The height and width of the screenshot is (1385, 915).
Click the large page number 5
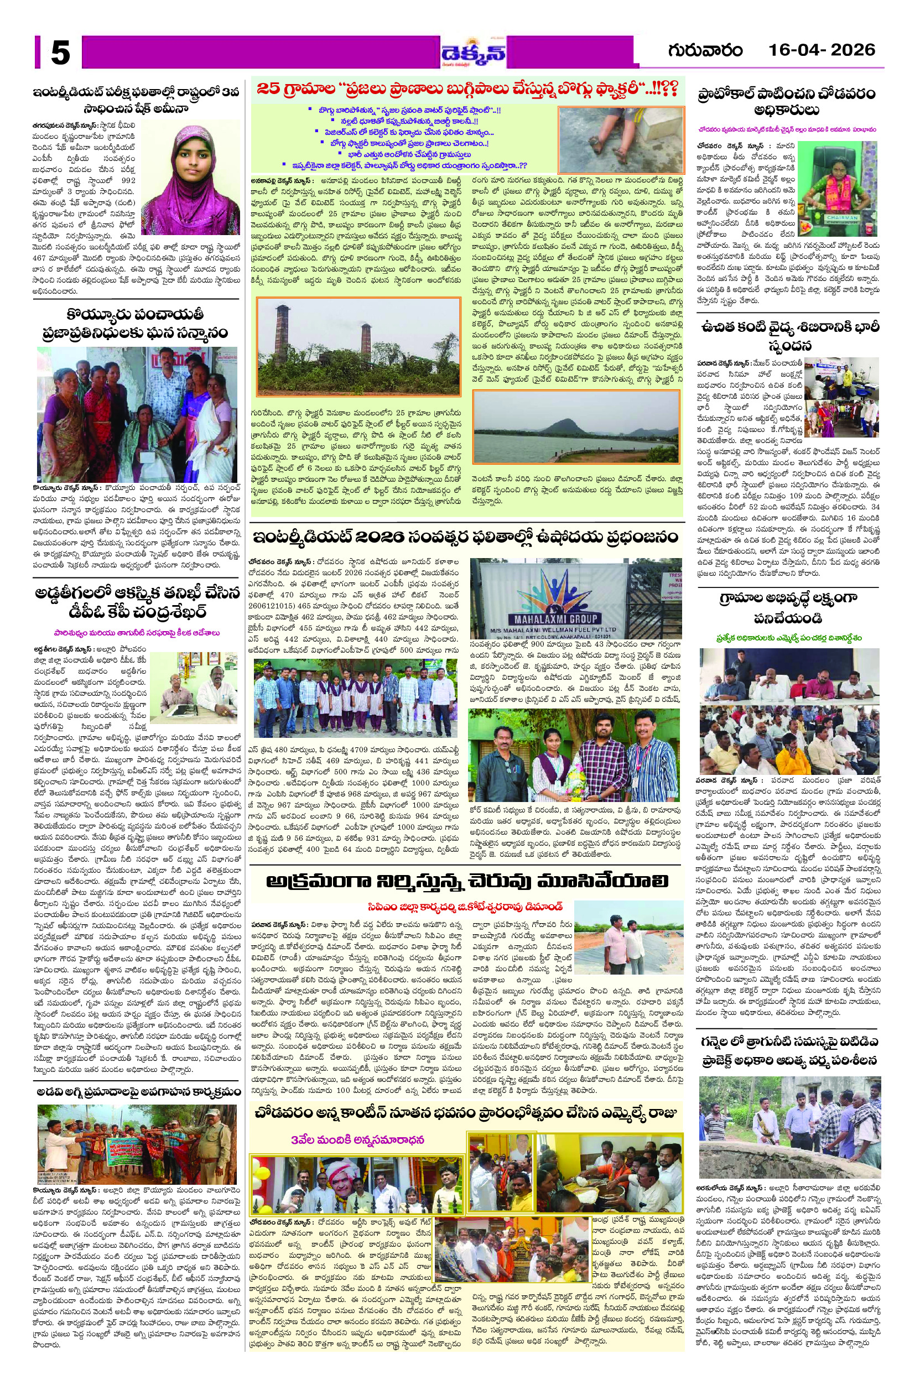pos(60,54)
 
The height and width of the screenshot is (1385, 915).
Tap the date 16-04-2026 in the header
pos(822,50)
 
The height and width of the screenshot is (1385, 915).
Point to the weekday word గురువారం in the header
pos(705,50)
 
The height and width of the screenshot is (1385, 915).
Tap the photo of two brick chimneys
pos(359,346)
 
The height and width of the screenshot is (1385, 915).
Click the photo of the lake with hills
pos(576,426)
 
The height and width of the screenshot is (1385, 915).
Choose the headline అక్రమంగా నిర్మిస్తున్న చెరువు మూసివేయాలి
pos(467,881)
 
